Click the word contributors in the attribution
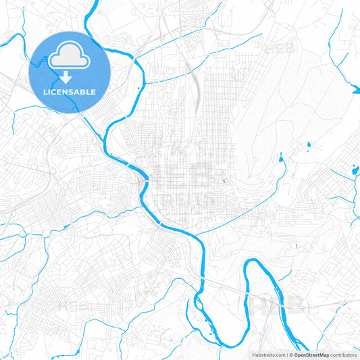click(x=342, y=354)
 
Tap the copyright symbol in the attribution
click(x=292, y=354)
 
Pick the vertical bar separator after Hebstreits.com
click(x=287, y=354)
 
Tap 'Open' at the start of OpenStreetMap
click(x=301, y=354)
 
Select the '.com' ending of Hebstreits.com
click(x=278, y=354)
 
